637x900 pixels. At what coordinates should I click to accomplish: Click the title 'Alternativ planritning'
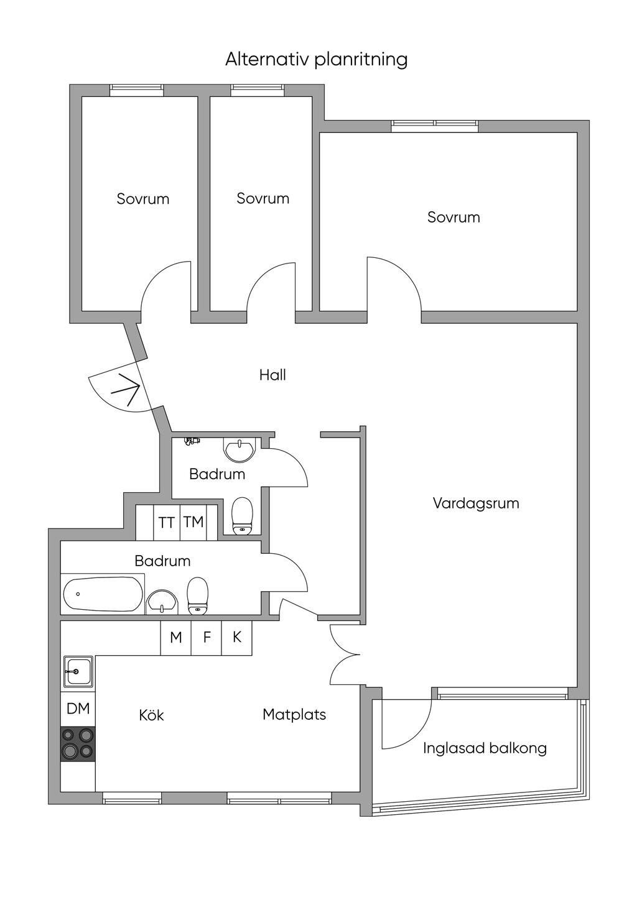[x=316, y=60]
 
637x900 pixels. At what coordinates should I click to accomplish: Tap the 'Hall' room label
[x=272, y=375]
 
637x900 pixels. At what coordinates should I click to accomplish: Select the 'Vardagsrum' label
[x=476, y=503]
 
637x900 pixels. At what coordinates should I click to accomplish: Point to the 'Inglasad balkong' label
[x=485, y=748]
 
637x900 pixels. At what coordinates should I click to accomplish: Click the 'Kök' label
[x=151, y=715]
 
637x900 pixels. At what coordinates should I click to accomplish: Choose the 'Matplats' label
[x=294, y=715]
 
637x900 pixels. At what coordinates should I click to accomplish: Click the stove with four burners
[x=78, y=744]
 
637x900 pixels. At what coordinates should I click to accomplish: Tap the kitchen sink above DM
[x=77, y=672]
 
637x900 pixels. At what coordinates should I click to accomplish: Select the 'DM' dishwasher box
[x=78, y=708]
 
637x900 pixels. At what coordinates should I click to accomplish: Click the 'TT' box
[x=166, y=523]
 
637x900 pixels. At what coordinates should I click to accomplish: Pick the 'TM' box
[x=193, y=522]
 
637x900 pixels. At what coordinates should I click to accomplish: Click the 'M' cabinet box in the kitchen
[x=176, y=637]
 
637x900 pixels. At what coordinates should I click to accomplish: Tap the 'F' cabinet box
[x=207, y=637]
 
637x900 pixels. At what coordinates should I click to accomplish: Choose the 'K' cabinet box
[x=237, y=637]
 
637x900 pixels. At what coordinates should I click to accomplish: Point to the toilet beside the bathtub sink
[x=198, y=595]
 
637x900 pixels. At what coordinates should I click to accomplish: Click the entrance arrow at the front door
[x=126, y=390]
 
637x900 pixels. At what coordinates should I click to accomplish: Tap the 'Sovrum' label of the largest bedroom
[x=453, y=218]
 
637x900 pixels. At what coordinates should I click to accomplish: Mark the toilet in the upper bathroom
[x=242, y=515]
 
